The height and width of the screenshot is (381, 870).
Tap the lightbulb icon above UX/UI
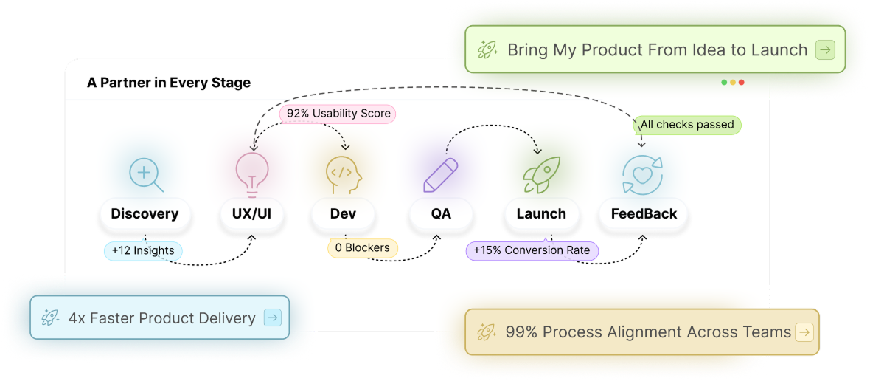252,173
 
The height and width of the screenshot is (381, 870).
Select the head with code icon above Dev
344,175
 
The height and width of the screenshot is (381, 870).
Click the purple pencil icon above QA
441,175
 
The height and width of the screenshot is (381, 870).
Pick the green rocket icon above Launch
541,175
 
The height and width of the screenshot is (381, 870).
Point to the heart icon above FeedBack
642,175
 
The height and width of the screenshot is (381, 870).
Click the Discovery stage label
145,214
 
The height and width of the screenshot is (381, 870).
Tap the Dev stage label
343,214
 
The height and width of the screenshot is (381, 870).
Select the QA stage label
441,214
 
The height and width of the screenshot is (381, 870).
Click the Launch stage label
541,214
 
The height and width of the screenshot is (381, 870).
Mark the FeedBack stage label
644,214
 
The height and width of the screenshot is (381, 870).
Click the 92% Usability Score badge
338,114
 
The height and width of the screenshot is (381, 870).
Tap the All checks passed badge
687,125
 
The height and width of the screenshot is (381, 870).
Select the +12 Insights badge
143,251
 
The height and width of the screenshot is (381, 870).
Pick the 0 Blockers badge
362,248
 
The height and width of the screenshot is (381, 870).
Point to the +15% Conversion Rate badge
532,250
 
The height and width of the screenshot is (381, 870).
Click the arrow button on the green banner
825,50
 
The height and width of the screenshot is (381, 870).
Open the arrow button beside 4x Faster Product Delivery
272,318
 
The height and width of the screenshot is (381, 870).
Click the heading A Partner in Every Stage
169,83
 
